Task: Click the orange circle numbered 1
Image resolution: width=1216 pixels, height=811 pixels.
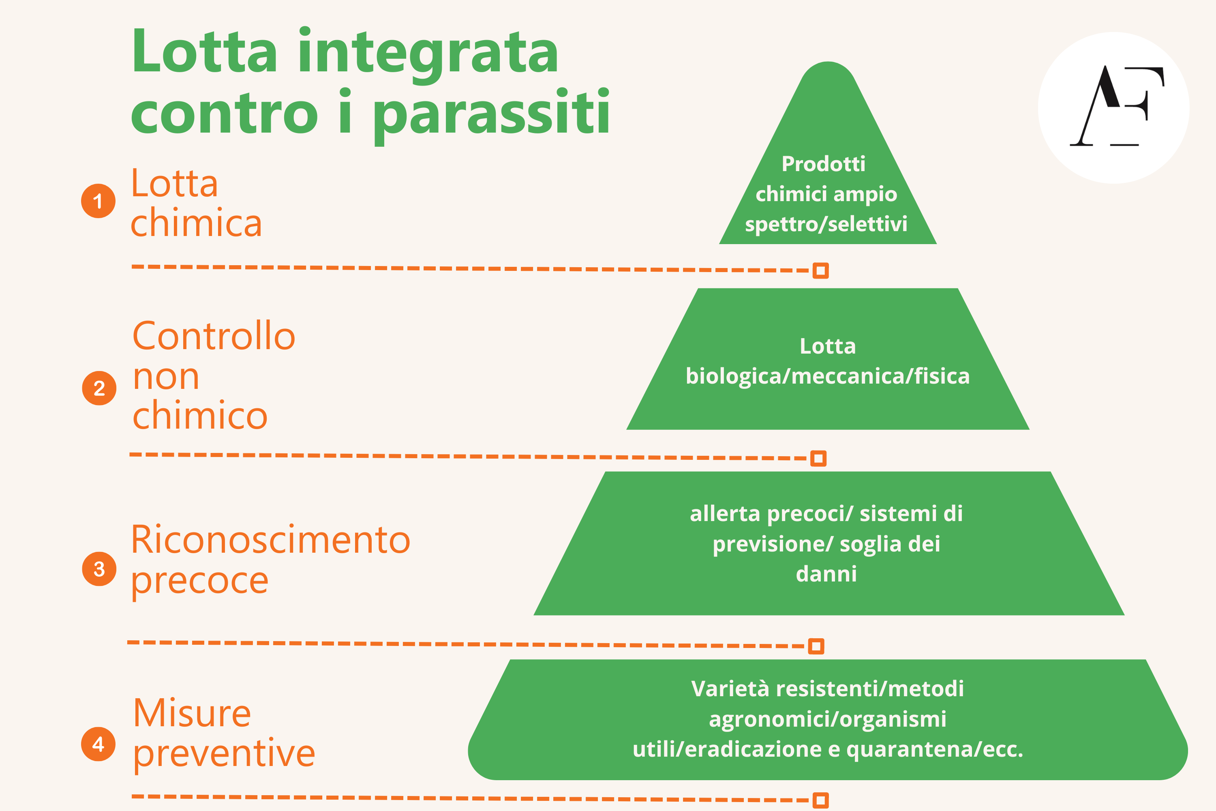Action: [98, 201]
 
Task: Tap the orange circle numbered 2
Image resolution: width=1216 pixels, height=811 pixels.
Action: [99, 388]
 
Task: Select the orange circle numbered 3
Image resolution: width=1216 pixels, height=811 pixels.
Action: [99, 569]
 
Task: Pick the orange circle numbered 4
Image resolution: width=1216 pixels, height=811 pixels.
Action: [98, 744]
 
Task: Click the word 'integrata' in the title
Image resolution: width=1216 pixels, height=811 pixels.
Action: [428, 55]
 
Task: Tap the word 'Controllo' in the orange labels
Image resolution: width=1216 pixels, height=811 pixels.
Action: [214, 336]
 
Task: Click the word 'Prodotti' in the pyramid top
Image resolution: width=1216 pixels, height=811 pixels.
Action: [823, 164]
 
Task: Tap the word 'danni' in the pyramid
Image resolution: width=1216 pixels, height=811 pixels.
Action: [826, 574]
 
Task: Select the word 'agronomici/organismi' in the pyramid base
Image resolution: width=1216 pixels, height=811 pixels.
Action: [827, 719]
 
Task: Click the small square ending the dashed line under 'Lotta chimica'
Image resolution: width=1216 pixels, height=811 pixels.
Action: [820, 270]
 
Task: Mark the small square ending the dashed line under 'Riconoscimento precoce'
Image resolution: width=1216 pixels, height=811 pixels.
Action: [816, 646]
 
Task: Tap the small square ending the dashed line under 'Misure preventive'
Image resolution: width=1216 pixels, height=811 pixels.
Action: [820, 800]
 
